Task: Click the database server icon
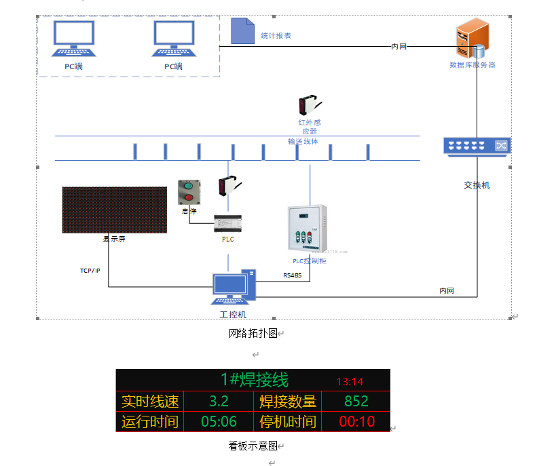pyautogui.click(x=473, y=39)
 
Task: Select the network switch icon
pyautogui.click(x=477, y=146)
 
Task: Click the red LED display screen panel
pyautogui.click(x=114, y=210)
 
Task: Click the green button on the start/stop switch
pyautogui.click(x=189, y=185)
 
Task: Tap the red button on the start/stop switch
pyautogui.click(x=189, y=197)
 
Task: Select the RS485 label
pyautogui.click(x=293, y=276)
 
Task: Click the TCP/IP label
pyautogui.click(x=90, y=271)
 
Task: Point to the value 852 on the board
pyautogui.click(x=356, y=402)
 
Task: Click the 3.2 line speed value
pyautogui.click(x=219, y=402)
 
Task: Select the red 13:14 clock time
pyautogui.click(x=350, y=381)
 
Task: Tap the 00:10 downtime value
pyautogui.click(x=356, y=422)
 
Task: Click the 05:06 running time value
pyautogui.click(x=219, y=422)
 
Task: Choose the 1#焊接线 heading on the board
pyautogui.click(x=255, y=379)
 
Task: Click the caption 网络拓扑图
pyautogui.click(x=253, y=333)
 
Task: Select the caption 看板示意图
pyautogui.click(x=253, y=446)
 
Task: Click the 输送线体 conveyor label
pyautogui.click(x=303, y=142)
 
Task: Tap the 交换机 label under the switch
pyautogui.click(x=477, y=185)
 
